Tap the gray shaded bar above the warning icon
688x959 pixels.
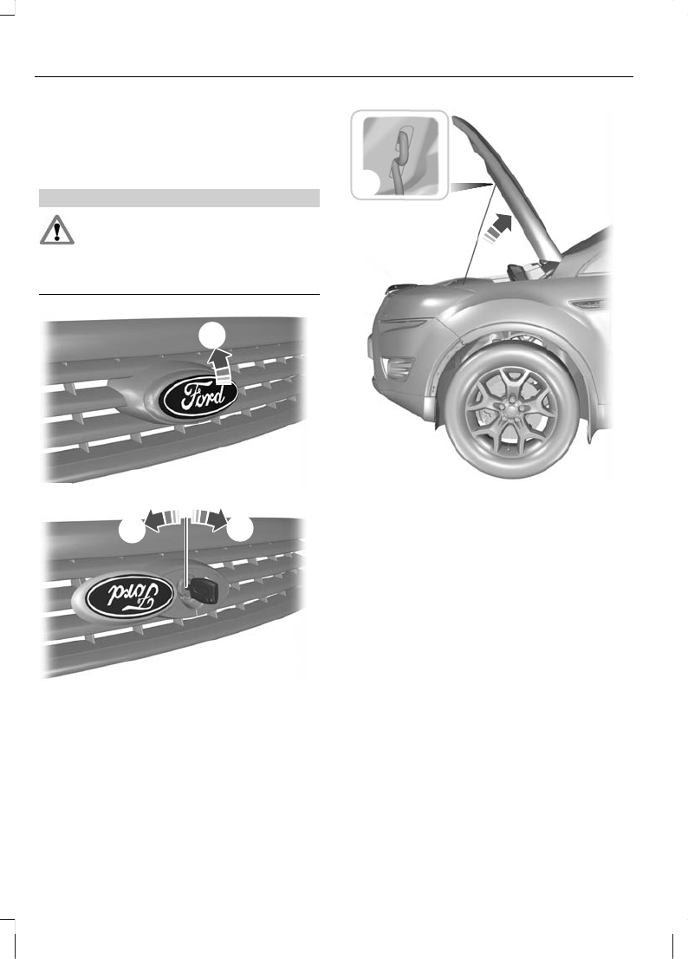click(x=180, y=198)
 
